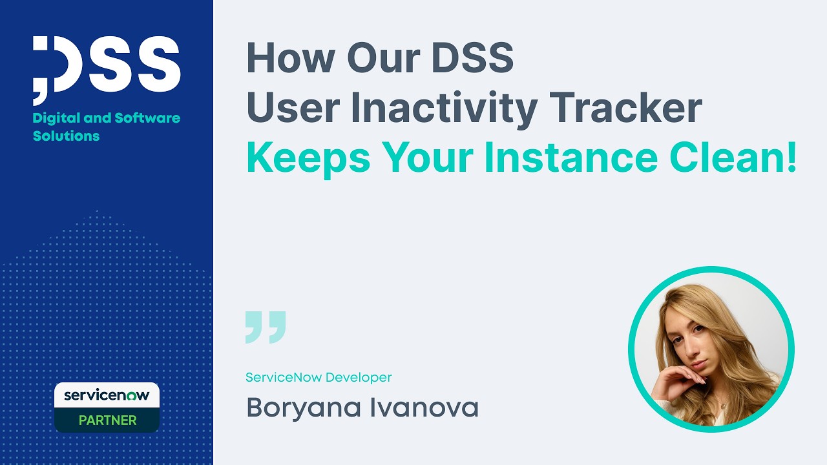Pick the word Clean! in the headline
733,159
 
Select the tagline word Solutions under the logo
66,136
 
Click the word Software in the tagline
147,118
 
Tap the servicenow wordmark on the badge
107,395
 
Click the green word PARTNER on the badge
107,420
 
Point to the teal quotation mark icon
265,327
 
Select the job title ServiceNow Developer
319,377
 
